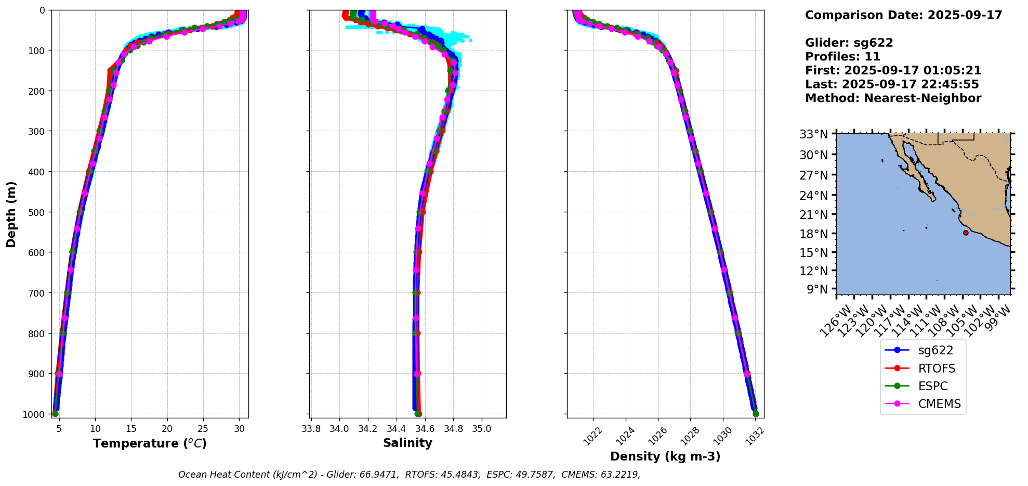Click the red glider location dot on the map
click(966, 233)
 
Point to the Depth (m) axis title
click(11, 214)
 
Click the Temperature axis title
click(150, 443)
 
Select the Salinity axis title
click(407, 443)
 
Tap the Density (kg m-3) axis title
click(665, 456)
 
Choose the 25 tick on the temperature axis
click(203, 429)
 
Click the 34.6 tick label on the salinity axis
click(425, 429)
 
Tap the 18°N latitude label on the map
click(813, 234)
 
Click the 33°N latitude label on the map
click(813, 135)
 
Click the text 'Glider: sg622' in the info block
click(849, 43)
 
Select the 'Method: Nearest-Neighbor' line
click(893, 98)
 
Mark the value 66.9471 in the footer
click(380, 475)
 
